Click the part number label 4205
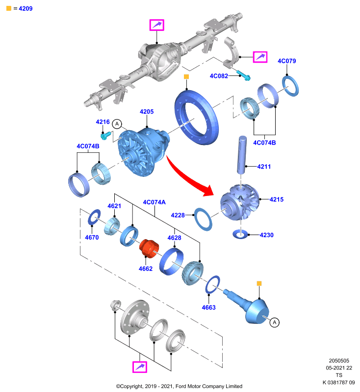pyautogui.click(x=147, y=112)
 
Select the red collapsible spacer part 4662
pyautogui.click(x=149, y=248)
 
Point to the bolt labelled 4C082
pyautogui.click(x=243, y=75)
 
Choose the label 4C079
pyautogui.click(x=287, y=61)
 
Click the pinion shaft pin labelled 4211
pyautogui.click(x=242, y=155)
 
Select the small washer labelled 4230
pyautogui.click(x=240, y=234)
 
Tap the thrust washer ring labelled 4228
pyautogui.click(x=203, y=219)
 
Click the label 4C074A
pyautogui.click(x=154, y=202)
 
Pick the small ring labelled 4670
pyautogui.click(x=94, y=217)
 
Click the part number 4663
pyautogui.click(x=208, y=308)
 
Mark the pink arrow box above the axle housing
pyautogui.click(x=156, y=25)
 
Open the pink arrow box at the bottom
pyautogui.click(x=140, y=367)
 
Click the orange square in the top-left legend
pyautogui.click(x=9, y=8)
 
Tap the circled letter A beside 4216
pyautogui.click(x=117, y=124)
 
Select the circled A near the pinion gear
pyautogui.click(x=275, y=322)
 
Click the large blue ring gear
pyautogui.click(x=197, y=117)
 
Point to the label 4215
pyautogui.click(x=277, y=199)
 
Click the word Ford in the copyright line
pyautogui.click(x=181, y=386)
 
